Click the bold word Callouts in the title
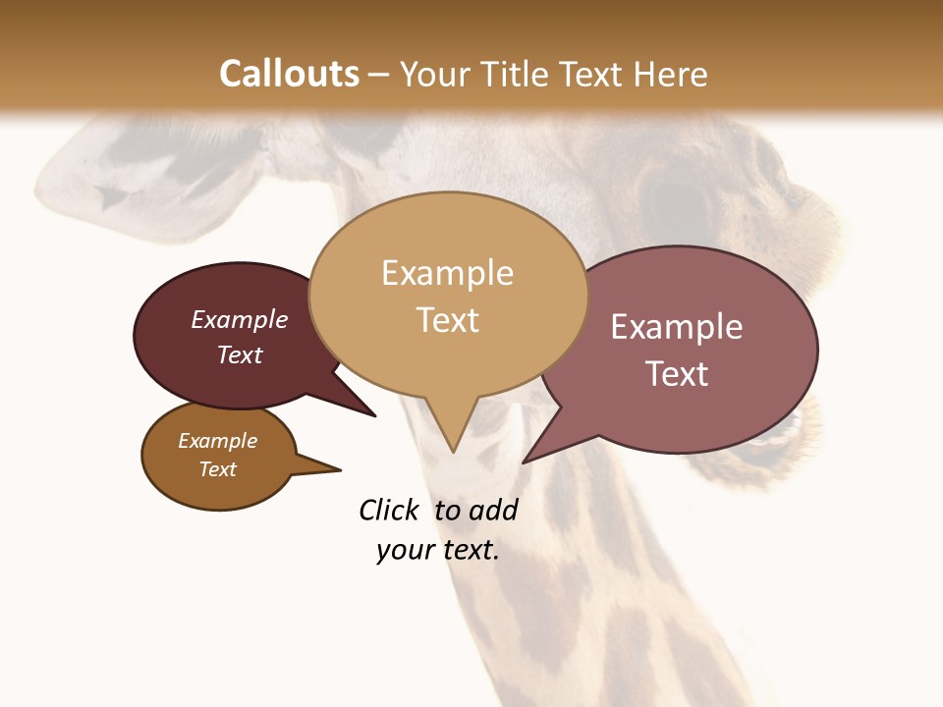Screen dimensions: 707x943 [289, 74]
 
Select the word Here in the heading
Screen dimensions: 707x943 [671, 74]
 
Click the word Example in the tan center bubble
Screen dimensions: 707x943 [447, 273]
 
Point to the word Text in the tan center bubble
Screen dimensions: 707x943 [447, 320]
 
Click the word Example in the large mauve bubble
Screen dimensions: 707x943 [677, 327]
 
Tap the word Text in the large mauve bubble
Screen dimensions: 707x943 [677, 374]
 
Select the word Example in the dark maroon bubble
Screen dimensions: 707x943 [240, 319]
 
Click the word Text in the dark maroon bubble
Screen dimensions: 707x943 [240, 354]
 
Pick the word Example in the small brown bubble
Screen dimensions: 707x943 [217, 441]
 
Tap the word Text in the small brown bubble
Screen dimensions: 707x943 [217, 469]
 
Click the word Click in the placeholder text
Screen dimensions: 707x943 [388, 510]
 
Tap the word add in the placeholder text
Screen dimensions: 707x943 [493, 510]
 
